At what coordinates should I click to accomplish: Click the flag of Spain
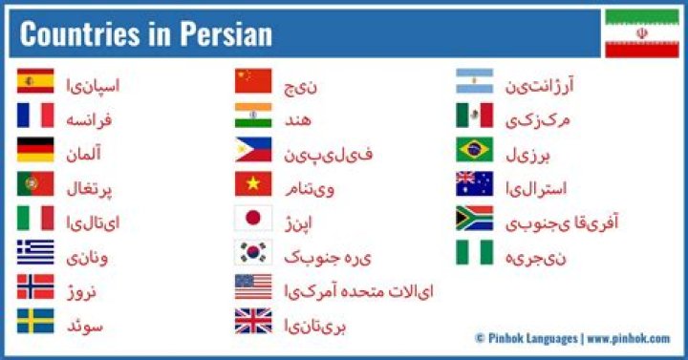click(x=35, y=81)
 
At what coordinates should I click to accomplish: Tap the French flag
click(x=35, y=116)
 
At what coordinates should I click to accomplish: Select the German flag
click(x=35, y=150)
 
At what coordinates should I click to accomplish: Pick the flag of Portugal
click(x=35, y=184)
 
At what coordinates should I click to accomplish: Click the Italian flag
click(x=35, y=219)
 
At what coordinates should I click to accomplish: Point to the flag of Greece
click(x=35, y=253)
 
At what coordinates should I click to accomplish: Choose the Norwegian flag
click(x=35, y=287)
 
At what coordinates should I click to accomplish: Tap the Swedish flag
click(x=35, y=322)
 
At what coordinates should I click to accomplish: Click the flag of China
click(x=253, y=81)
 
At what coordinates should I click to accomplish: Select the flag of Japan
click(x=253, y=219)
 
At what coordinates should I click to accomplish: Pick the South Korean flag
click(x=253, y=253)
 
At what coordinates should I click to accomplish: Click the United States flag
click(x=253, y=287)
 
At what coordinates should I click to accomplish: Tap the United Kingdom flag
click(x=253, y=322)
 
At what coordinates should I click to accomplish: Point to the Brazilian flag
click(x=474, y=150)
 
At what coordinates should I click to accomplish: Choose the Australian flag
click(x=474, y=184)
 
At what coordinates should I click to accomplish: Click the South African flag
click(x=474, y=219)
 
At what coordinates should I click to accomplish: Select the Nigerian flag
click(x=474, y=253)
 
